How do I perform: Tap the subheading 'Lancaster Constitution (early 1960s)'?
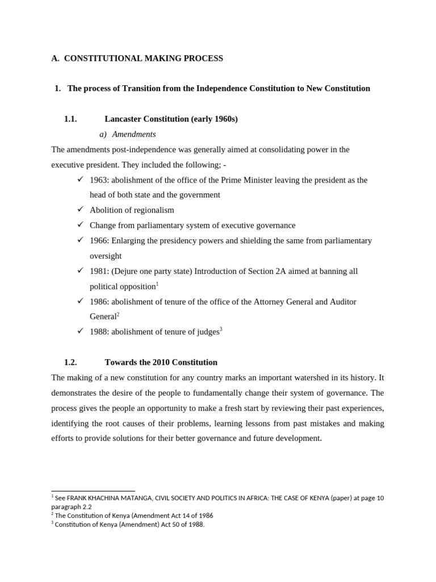tap(171, 119)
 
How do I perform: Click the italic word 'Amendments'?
tap(134, 134)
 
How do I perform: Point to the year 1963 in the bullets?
tap(99, 180)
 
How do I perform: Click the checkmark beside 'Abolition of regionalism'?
tap(80, 210)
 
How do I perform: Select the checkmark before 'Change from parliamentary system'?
tap(80, 225)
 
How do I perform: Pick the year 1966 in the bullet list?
tap(99, 240)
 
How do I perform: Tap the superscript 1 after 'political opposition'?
tap(157, 284)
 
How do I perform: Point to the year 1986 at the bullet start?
tap(99, 302)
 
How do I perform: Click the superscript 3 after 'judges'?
tap(221, 329)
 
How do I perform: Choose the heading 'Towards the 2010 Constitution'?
tap(161, 362)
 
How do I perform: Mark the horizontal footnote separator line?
tap(93, 491)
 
